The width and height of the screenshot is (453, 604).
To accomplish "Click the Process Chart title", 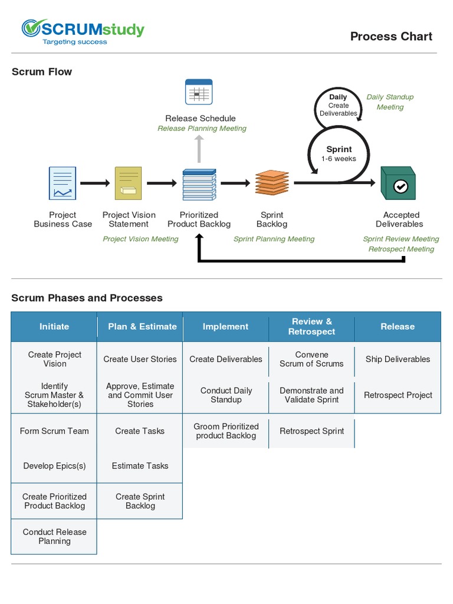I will click(391, 37).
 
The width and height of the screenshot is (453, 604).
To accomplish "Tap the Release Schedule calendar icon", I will click(199, 92).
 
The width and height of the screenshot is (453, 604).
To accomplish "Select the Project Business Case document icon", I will click(63, 183).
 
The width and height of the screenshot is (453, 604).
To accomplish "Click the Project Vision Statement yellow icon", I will click(128, 183).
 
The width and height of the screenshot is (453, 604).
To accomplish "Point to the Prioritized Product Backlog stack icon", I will click(198, 184).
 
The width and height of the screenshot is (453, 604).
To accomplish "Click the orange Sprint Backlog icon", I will click(272, 183).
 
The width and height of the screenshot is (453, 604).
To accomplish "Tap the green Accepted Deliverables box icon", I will click(398, 183).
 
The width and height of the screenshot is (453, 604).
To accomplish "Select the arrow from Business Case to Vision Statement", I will click(95, 183).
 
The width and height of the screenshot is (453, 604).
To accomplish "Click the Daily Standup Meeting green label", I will click(390, 102).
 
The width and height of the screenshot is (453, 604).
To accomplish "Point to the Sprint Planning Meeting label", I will click(274, 239).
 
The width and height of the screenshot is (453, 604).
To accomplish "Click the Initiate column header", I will click(54, 327).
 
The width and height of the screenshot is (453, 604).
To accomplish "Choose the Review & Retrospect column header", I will click(311, 327).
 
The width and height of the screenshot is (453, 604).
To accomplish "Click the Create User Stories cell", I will click(140, 359).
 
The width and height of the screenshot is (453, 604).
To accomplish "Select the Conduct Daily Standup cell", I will click(226, 395).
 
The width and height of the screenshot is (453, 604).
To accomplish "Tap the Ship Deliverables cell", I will click(398, 359).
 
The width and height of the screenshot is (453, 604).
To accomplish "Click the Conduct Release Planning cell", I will click(54, 537).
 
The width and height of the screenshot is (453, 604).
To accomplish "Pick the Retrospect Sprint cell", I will click(311, 431).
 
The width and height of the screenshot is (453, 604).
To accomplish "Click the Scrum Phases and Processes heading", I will click(87, 298).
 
